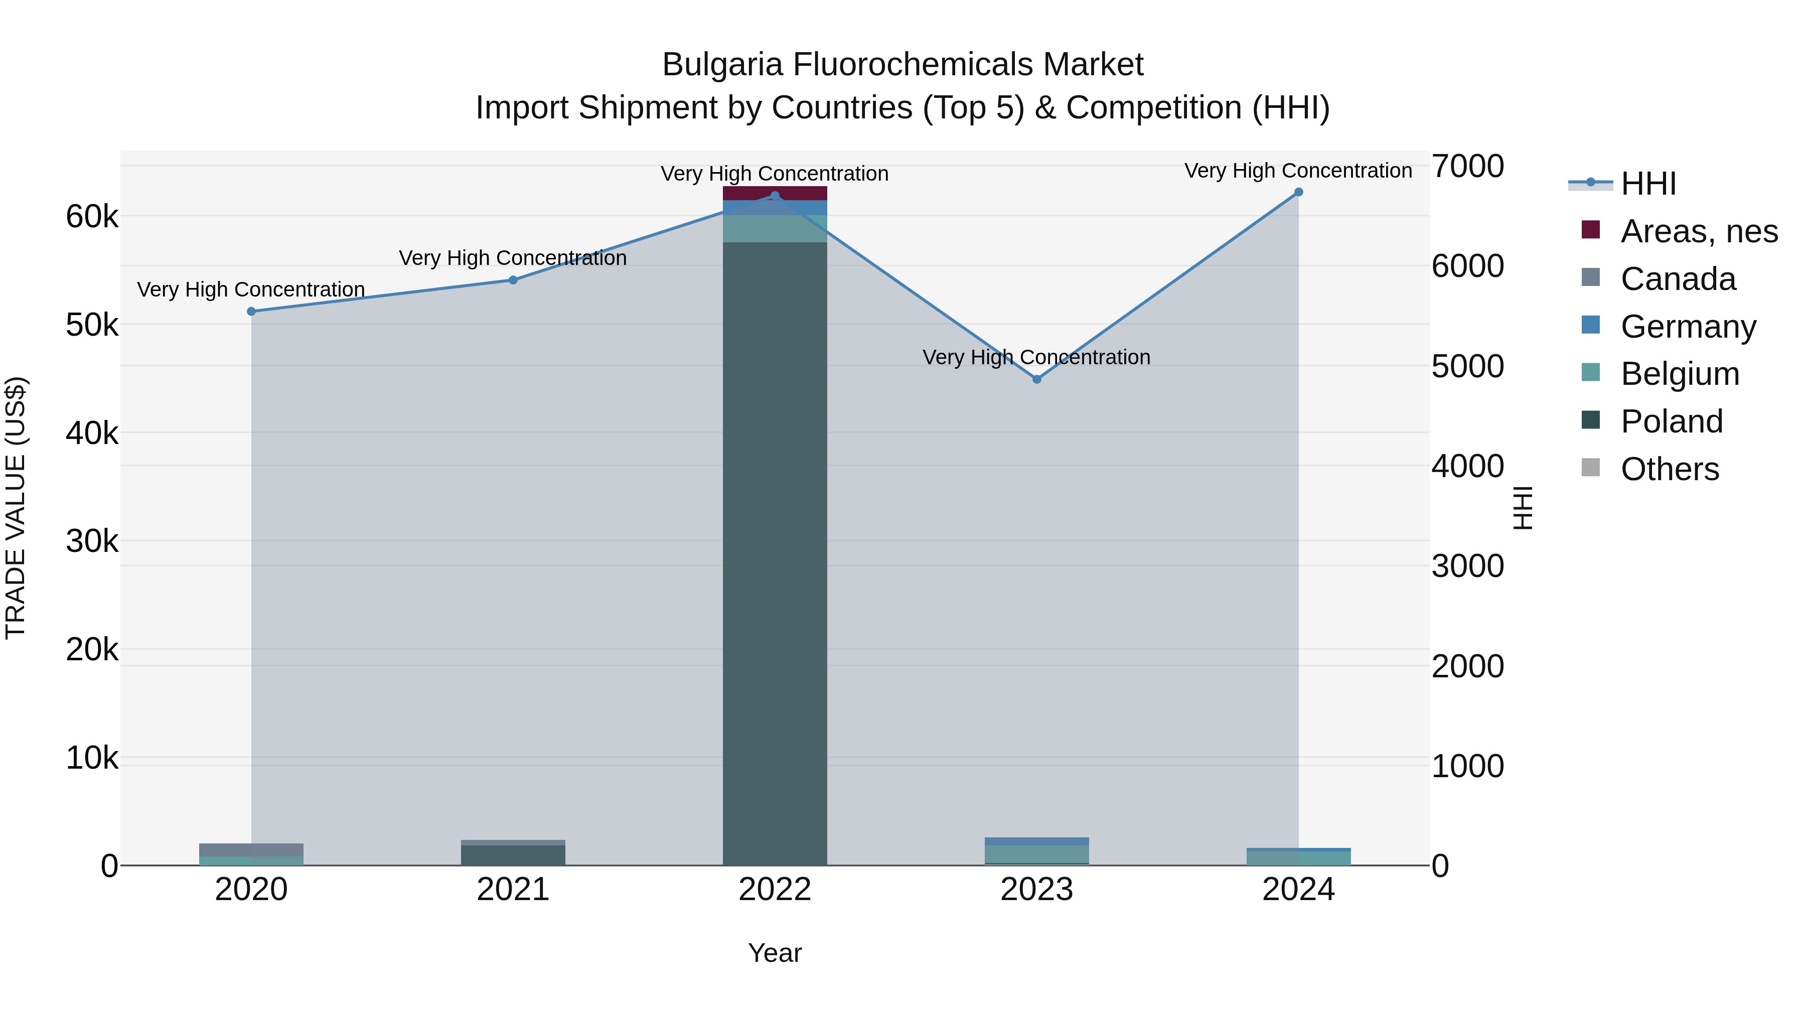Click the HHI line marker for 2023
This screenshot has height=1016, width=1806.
tap(1037, 379)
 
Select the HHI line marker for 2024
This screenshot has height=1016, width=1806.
tap(1298, 192)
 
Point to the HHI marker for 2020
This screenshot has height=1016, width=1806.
tap(251, 311)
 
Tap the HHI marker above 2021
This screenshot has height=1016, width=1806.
tap(513, 280)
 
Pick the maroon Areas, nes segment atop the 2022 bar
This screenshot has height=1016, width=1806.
tap(775, 192)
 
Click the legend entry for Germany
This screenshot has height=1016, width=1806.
tap(1688, 327)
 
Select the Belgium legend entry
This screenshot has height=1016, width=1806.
tap(1679, 374)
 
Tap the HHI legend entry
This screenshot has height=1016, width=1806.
tap(1647, 184)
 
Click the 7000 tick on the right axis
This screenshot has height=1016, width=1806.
tap(1467, 167)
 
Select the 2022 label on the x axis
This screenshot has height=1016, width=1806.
tap(775, 890)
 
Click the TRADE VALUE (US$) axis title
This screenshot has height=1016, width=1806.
tap(16, 508)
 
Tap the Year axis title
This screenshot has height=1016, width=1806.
tap(775, 953)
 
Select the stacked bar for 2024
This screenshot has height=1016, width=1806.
tap(1298, 857)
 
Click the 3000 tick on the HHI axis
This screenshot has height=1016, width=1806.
tap(1467, 566)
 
